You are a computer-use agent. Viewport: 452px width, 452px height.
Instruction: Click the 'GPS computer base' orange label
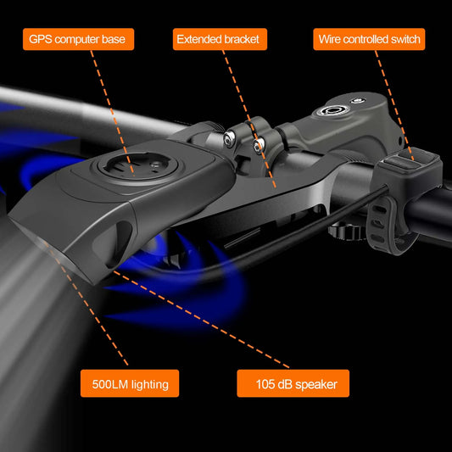78,39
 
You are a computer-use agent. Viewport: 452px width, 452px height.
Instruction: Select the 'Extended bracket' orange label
220,39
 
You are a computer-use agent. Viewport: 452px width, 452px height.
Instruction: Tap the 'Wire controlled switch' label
369,39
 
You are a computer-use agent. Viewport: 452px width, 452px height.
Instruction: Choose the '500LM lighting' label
130,383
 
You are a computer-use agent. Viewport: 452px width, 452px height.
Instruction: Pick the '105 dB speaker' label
293,383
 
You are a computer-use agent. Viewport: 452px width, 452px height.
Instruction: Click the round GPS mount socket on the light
138,166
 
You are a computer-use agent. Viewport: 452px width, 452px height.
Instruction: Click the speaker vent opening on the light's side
119,243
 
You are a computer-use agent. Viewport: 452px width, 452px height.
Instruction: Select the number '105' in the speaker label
265,384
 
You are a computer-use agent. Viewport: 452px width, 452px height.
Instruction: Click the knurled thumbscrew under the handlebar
343,232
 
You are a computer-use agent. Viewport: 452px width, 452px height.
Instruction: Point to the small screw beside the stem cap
358,101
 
